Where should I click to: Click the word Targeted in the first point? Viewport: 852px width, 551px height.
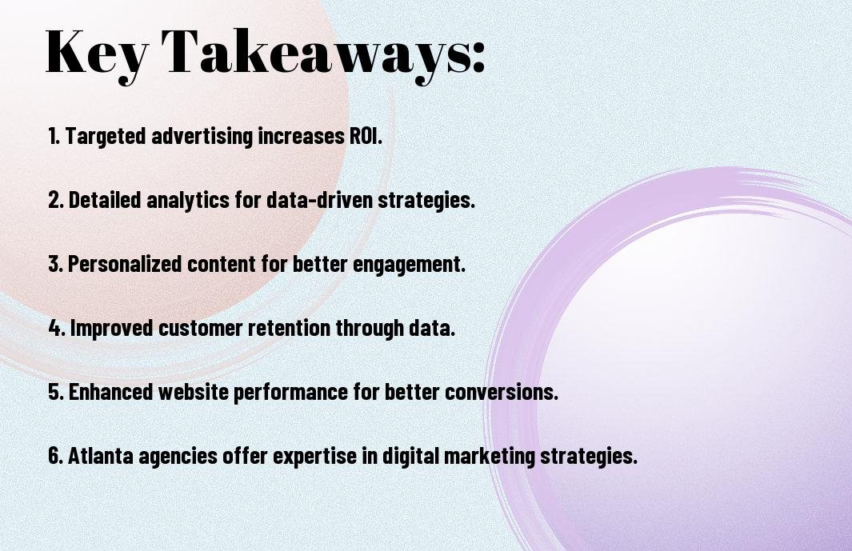point(106,137)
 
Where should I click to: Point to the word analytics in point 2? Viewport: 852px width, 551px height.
point(188,201)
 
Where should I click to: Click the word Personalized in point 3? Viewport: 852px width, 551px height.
point(125,264)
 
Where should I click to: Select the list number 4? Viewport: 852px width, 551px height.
point(56,328)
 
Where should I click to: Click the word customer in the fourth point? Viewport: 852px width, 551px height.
point(201,328)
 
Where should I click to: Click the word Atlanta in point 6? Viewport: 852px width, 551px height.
point(101,456)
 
